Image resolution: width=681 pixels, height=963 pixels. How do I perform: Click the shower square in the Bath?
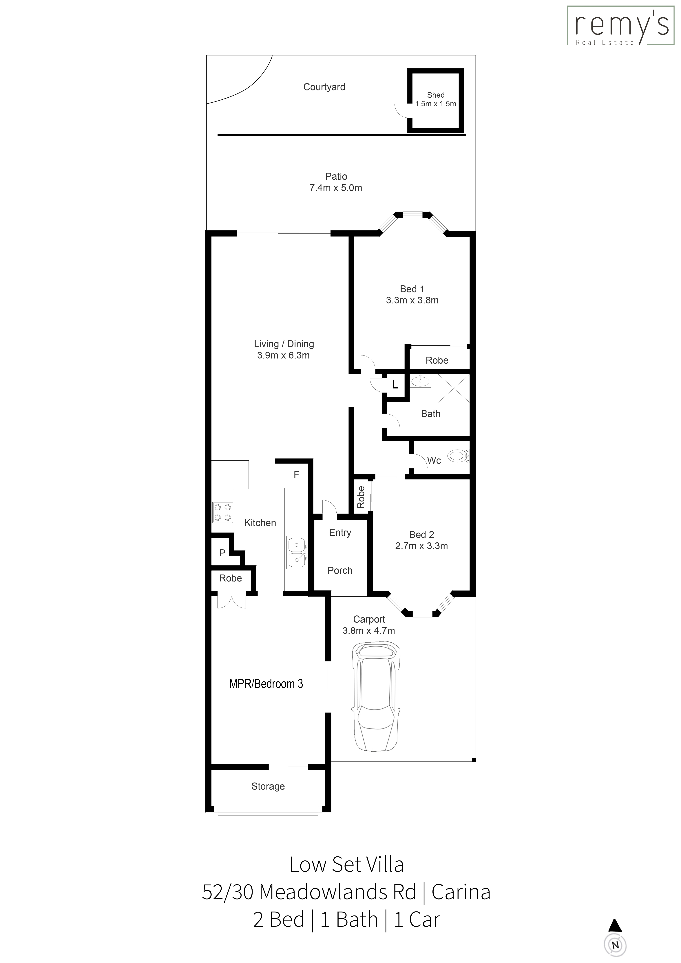[x=453, y=389]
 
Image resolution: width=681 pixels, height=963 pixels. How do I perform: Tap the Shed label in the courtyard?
[x=436, y=95]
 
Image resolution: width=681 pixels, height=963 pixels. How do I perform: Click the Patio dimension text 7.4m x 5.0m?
[x=336, y=188]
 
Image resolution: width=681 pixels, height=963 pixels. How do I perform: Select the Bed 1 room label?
[x=412, y=289]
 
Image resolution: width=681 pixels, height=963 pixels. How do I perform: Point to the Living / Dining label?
[x=284, y=344]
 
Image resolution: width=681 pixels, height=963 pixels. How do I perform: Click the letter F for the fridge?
[x=296, y=474]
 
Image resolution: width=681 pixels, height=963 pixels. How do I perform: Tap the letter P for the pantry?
[x=222, y=553]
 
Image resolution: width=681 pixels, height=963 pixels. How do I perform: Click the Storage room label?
[x=268, y=786]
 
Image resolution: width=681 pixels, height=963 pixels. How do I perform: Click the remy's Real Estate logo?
[x=621, y=25]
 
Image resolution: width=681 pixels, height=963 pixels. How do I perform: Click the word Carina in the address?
[x=461, y=892]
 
